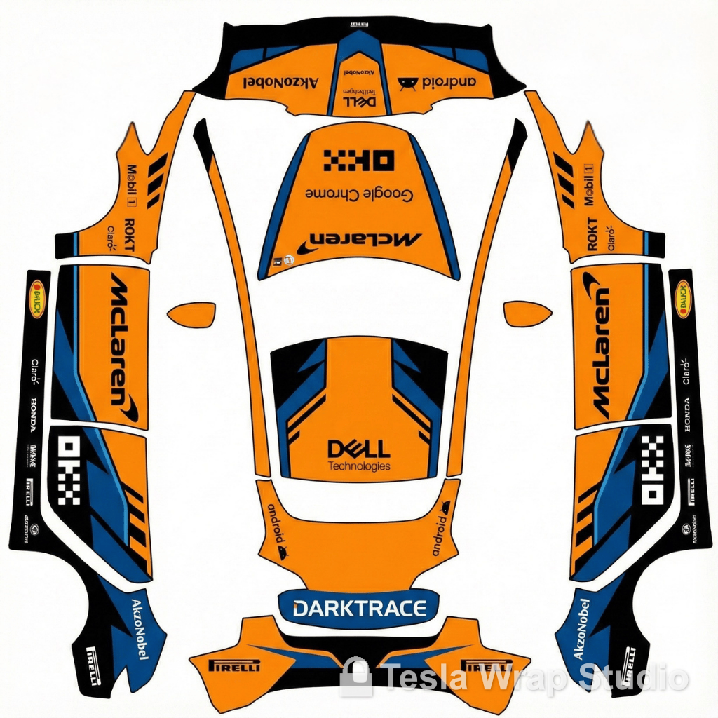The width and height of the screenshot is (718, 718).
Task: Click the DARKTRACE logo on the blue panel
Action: pyautogui.click(x=359, y=608)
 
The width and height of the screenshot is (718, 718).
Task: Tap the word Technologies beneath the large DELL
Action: pyautogui.click(x=359, y=466)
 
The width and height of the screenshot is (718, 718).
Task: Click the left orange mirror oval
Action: pyautogui.click(x=191, y=313)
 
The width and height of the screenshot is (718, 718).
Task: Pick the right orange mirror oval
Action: pyautogui.click(x=528, y=313)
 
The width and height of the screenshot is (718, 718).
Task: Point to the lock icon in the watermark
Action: pyautogui.click(x=355, y=677)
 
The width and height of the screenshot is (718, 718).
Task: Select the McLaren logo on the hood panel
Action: pyautogui.click(x=359, y=239)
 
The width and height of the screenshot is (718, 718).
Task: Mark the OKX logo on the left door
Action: pyautogui.click(x=69, y=470)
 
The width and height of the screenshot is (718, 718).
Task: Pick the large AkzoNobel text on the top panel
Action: pyautogui.click(x=280, y=83)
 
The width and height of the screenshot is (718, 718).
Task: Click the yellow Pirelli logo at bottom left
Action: pyautogui.click(x=235, y=665)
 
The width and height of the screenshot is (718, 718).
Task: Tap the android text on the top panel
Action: pyautogui.click(x=445, y=82)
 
